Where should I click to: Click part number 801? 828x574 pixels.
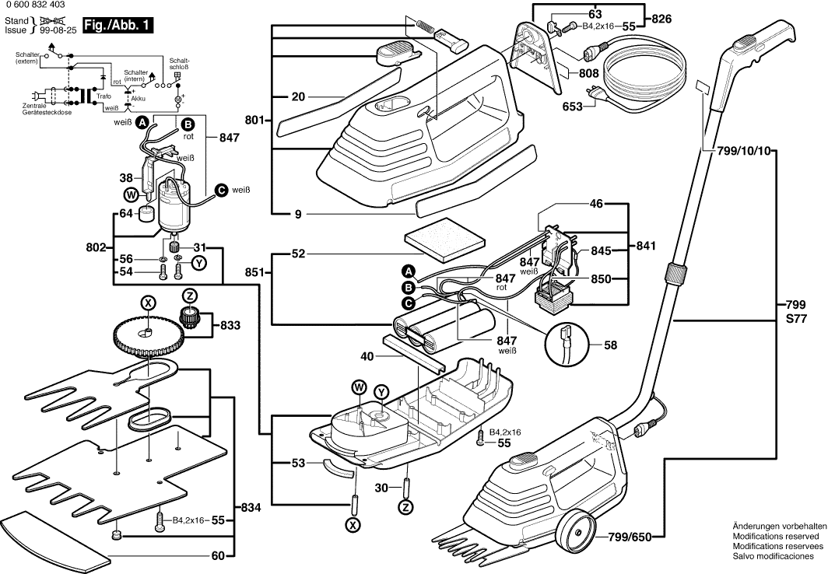point(254,121)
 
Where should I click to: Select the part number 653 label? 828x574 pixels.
point(572,107)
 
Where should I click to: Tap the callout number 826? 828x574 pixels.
point(661,18)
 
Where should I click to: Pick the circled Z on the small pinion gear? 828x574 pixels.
point(189,296)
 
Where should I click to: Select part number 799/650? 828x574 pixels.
point(631,536)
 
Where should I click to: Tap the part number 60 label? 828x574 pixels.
point(219,555)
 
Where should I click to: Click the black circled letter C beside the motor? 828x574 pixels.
point(220,189)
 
